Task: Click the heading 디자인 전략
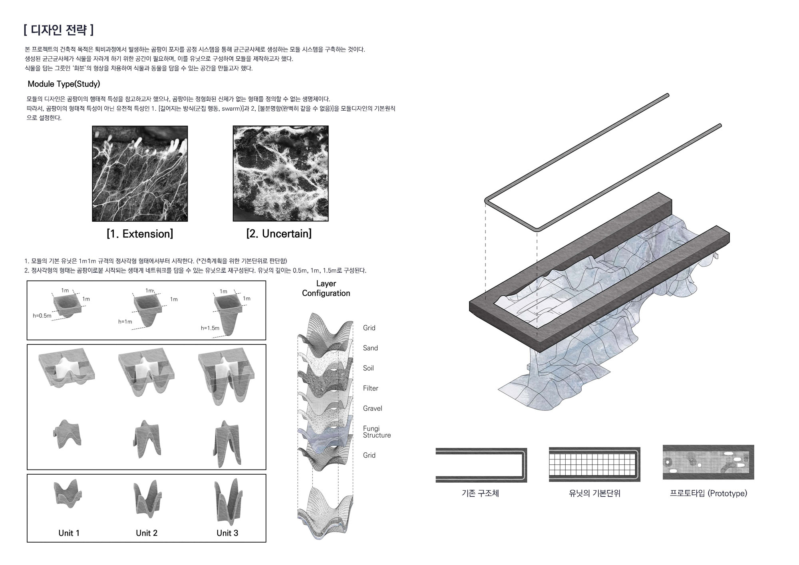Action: (59, 30)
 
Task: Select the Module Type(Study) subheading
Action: (64, 84)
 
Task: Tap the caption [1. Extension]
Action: (140, 234)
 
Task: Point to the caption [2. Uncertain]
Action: (279, 234)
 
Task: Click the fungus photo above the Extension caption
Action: (140, 173)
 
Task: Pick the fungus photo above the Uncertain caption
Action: (280, 173)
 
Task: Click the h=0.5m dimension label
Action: (42, 316)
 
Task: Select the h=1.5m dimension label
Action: (210, 328)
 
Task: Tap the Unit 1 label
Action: (69, 533)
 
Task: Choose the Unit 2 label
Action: (147, 533)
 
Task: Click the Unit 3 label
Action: (227, 533)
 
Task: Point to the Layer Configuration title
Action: (326, 288)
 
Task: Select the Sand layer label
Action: (370, 348)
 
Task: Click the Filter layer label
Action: (370, 388)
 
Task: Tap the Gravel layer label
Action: (372, 408)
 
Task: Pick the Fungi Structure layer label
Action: (377, 432)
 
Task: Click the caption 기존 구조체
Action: (480, 493)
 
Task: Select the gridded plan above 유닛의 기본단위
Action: (594, 465)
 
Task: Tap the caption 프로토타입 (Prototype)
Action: (708, 493)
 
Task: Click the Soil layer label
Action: (368, 368)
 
